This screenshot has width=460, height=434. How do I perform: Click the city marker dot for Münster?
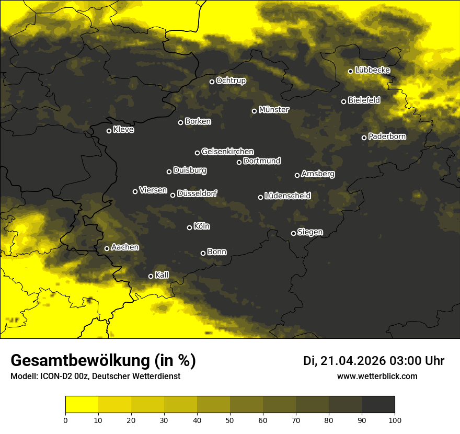coord(255,111)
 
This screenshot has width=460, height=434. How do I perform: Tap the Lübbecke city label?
coord(372,70)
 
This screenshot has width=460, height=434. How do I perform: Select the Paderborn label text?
coord(387,136)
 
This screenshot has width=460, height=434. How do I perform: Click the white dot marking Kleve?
coord(109,131)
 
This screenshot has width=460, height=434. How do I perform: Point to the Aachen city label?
coord(125,247)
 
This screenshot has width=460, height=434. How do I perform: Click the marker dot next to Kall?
coord(151,276)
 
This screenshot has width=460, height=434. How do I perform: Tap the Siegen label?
coord(309,232)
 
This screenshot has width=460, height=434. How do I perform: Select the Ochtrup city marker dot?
coord(212,82)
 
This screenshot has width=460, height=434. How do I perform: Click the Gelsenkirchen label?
coord(227,152)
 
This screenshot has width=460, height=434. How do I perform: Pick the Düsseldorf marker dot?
coord(173,195)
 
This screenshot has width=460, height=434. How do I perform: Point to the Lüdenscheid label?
coord(287,196)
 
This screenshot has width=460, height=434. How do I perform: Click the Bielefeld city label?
coord(364,100)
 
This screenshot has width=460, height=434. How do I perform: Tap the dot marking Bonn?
coord(203,253)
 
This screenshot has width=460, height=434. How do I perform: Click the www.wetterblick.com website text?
coord(377,376)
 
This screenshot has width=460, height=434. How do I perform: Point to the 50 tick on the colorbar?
coord(230,419)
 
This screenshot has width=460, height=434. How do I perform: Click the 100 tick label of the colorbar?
coord(395,419)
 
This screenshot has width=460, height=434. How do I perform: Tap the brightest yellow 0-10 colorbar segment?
coord(82,405)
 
